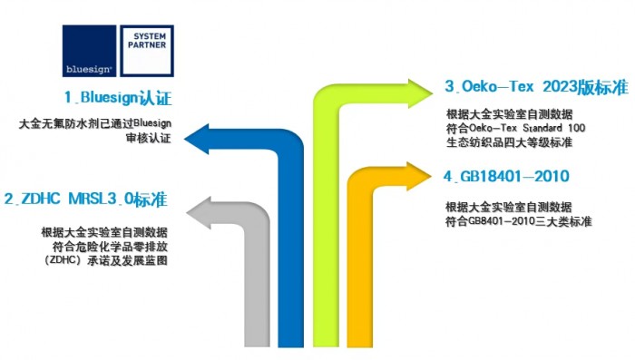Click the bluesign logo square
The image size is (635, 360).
[x=89, y=52]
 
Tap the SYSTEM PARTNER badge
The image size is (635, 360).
[x=146, y=52]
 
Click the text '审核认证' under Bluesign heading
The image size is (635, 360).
[x=149, y=140]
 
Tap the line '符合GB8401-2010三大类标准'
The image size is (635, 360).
[x=519, y=221]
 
